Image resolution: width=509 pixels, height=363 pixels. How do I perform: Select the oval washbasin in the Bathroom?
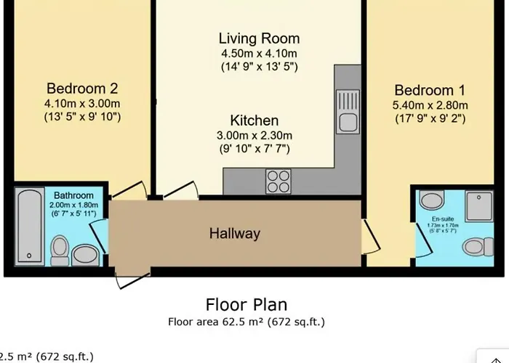pos(86,254)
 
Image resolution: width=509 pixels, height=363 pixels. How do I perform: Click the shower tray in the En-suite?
pos(479,205)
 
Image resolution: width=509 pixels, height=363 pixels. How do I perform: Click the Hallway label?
pos(234,234)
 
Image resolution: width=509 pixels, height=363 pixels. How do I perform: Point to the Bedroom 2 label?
pos(81,89)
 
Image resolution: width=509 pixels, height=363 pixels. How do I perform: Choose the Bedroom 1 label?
pos(429,90)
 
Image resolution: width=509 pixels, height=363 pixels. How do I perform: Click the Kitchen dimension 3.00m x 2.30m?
pos(254,136)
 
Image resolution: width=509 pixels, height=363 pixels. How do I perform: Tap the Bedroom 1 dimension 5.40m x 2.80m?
pos(429,105)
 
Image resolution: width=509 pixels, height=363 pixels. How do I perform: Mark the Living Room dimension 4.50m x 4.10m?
pos(259,54)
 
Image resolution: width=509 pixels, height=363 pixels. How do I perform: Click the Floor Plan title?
pos(246,304)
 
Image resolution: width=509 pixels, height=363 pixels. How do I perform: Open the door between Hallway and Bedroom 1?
pos(369,236)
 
